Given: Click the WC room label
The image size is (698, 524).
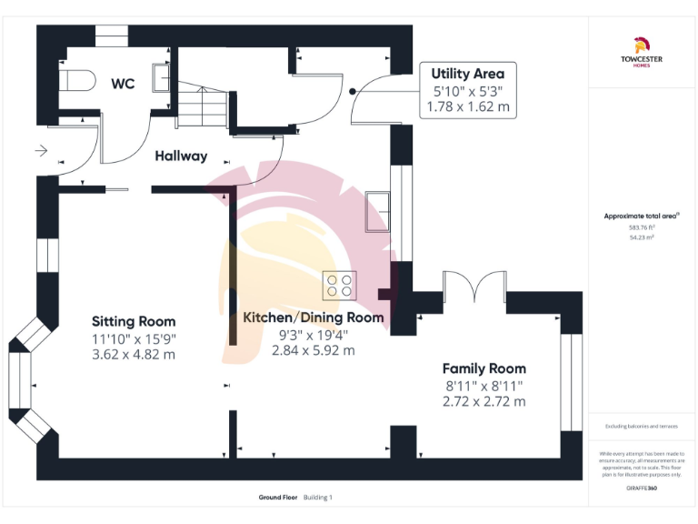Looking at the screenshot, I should coord(123,84).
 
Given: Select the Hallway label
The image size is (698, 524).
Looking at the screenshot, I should coord(181,156).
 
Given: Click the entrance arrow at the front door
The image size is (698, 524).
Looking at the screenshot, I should coord(43,150).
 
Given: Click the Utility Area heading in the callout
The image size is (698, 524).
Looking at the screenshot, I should coord(468,73).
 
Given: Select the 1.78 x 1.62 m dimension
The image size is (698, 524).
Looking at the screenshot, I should coord(468,106).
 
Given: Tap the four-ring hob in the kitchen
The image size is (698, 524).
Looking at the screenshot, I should coord(340,286).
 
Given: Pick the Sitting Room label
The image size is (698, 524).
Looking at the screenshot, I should coord(134,321).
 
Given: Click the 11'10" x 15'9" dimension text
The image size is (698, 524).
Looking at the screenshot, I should coord(134,338).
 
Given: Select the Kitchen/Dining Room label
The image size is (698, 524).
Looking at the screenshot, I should coord(314,317).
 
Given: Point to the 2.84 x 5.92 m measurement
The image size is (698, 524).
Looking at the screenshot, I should coord(314,350).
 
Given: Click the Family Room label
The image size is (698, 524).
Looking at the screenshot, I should coord(484,368).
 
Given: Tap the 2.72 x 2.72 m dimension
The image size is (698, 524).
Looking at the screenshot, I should coord(484,401).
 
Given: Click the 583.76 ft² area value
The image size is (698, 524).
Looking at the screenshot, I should coord(642,227).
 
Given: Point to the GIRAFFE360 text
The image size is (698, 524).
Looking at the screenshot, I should coord(642,489).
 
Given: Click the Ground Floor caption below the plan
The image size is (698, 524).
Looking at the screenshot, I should coord(277,497).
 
